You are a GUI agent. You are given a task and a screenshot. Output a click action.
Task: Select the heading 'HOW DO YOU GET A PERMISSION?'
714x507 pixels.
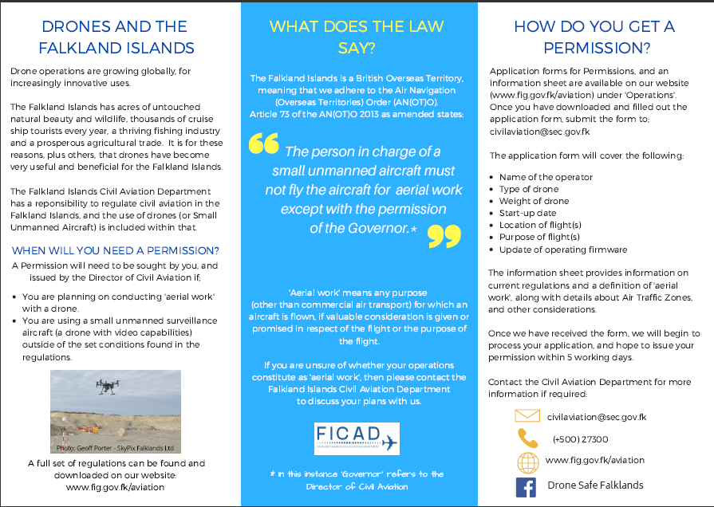pyautogui.click(x=594, y=37)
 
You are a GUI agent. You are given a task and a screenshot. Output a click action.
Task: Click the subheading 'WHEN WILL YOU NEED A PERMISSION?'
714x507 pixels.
pyautogui.click(x=116, y=250)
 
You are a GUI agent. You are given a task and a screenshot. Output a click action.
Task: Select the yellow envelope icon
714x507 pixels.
pyautogui.click(x=527, y=416)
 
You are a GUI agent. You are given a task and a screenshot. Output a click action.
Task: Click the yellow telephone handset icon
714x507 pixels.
pyautogui.click(x=527, y=438)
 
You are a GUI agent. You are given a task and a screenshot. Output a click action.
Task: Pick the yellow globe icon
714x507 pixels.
pyautogui.click(x=527, y=462)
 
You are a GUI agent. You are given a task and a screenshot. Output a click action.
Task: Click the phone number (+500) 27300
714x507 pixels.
pyautogui.click(x=580, y=438)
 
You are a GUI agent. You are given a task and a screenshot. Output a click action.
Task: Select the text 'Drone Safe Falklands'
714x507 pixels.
pyautogui.click(x=595, y=485)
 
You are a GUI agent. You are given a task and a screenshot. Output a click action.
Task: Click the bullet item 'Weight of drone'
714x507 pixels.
pyautogui.click(x=535, y=201)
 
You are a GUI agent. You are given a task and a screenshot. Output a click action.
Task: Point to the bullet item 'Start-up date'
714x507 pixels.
pyautogui.click(x=529, y=213)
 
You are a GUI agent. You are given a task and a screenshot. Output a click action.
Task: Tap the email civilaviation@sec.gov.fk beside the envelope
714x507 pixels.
pyautogui.click(x=597, y=416)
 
